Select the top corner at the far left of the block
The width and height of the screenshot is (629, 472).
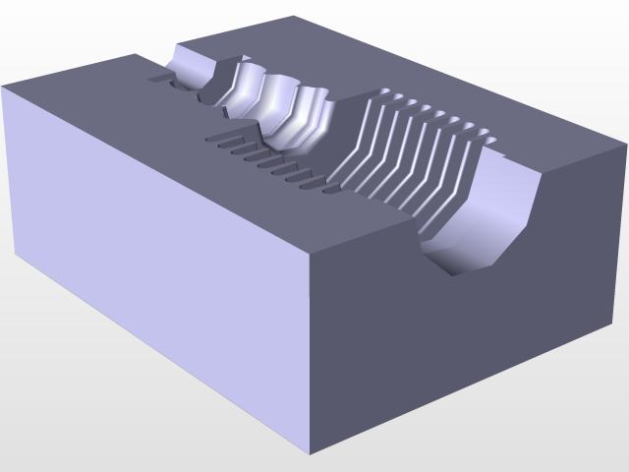[x=3, y=88]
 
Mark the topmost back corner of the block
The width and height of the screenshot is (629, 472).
[x=295, y=17]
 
